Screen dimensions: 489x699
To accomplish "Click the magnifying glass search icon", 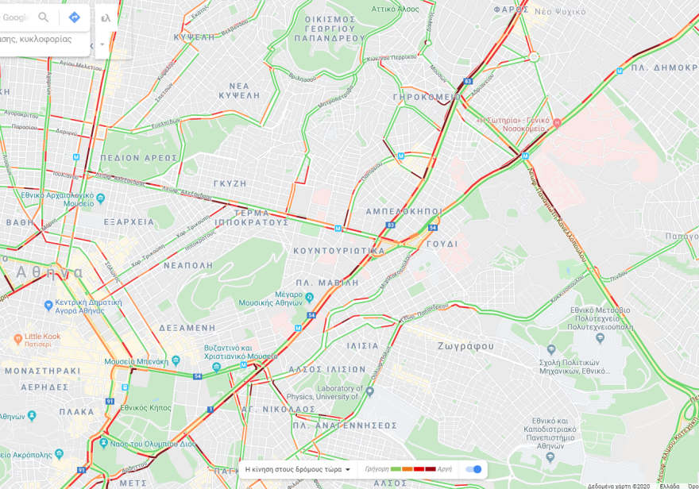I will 44,17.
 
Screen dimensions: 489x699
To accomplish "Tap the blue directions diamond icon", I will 74,17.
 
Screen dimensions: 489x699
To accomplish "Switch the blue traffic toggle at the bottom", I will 473,469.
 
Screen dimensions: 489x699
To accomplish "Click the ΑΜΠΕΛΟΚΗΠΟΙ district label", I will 403,212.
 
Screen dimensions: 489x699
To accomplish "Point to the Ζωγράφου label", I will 465,346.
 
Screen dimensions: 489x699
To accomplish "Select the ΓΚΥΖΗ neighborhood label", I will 230,183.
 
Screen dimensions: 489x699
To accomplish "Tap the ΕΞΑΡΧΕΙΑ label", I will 129,222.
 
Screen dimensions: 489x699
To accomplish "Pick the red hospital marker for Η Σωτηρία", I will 557,122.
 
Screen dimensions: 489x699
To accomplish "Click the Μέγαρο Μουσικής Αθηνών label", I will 270,298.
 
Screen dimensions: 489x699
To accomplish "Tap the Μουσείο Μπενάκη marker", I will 145,360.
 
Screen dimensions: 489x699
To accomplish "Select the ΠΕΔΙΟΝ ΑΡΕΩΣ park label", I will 138,158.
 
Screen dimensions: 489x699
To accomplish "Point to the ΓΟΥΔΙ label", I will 442,244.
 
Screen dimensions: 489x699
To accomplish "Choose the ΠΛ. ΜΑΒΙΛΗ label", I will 326,283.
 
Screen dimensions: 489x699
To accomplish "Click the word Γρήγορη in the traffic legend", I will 377,469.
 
